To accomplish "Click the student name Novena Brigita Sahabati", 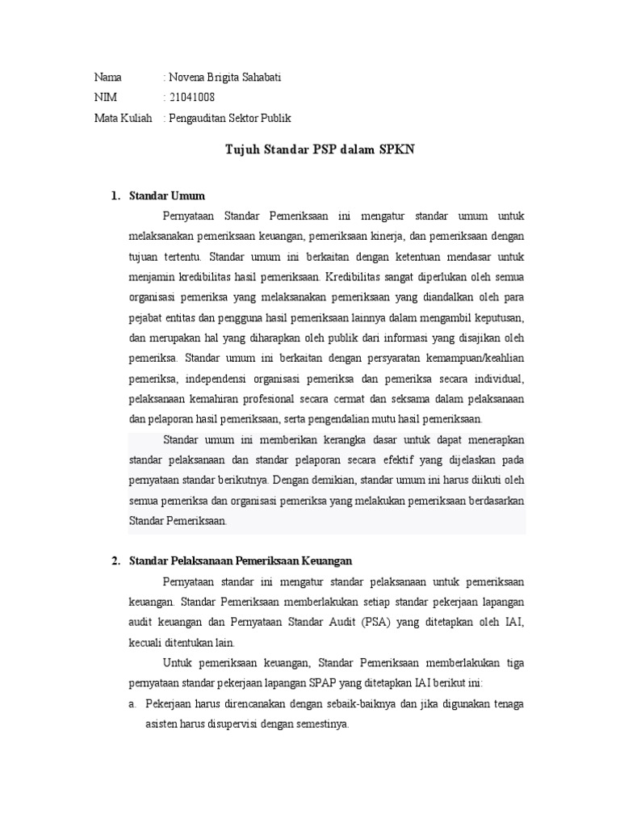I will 225,78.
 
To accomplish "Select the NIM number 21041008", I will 192,98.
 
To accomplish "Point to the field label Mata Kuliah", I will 123,118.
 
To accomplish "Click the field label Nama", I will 108,78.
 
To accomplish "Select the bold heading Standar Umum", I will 167,195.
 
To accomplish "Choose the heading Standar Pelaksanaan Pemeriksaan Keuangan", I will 241,560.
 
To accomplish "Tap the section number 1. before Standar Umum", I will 116,195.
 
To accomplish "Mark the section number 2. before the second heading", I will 116,560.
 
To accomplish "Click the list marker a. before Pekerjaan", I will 133,703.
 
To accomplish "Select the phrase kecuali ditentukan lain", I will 182,643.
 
